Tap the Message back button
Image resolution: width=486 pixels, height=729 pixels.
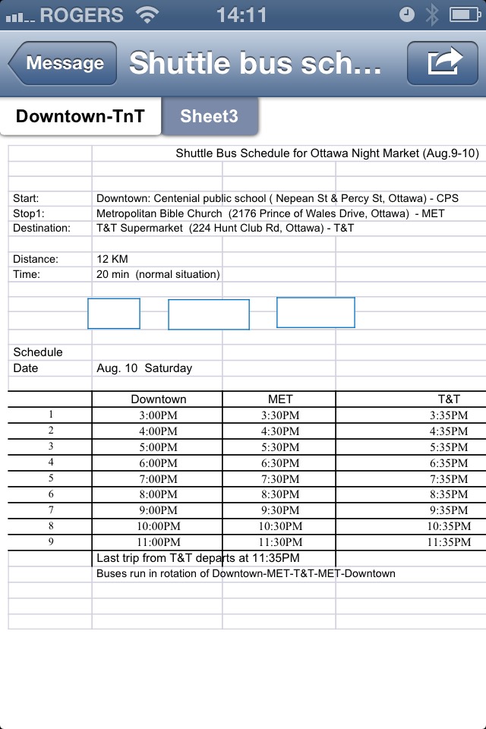coord(64,63)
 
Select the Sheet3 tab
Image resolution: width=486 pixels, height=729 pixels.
coord(209,116)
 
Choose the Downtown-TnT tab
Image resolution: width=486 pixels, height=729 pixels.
coord(80,116)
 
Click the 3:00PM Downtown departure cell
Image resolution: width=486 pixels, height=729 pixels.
coord(158,415)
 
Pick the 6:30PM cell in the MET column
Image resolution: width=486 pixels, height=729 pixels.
coord(280,463)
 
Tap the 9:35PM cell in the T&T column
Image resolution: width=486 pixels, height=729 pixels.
coord(449,510)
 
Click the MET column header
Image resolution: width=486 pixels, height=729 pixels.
coord(280,399)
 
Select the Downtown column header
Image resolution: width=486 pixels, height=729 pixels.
coord(158,399)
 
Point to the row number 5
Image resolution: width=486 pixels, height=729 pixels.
coord(51,478)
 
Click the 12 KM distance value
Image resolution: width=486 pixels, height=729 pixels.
coord(112,259)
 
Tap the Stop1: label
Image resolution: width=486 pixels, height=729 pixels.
coord(30,213)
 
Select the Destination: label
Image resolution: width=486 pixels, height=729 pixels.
coord(42,228)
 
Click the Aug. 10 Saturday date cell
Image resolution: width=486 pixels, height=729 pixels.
coord(144,368)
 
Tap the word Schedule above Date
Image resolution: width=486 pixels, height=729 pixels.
coord(38,352)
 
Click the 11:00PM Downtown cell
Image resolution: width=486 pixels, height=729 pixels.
coord(158,542)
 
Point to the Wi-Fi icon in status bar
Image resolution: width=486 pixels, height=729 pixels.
coord(147,14)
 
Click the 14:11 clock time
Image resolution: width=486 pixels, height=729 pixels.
coord(241,14)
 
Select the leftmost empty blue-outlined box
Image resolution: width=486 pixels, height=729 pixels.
coord(114,314)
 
